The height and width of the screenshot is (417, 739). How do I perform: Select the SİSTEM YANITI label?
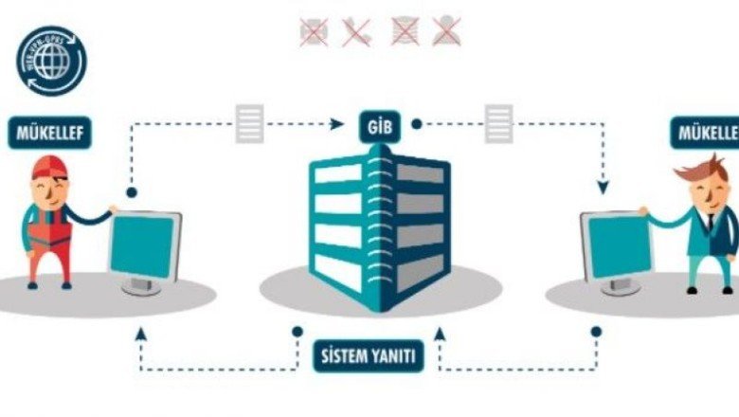pos(369,357)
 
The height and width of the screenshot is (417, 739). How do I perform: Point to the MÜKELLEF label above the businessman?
pos(706,132)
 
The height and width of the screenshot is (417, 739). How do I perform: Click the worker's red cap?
pos(46,169)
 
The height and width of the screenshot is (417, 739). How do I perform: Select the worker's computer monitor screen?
pos(142,246)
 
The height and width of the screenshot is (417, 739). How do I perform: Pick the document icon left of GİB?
pos(250,124)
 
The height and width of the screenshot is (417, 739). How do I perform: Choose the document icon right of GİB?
pos(498,124)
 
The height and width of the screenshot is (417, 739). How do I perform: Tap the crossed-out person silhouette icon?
pos(445,31)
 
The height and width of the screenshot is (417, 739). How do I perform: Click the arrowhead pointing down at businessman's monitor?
pos(603,187)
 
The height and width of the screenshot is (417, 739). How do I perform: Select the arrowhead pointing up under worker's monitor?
pos(141,333)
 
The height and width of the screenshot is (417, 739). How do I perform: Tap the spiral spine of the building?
pos(383,227)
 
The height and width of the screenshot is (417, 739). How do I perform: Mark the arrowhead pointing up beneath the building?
pos(438,333)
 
